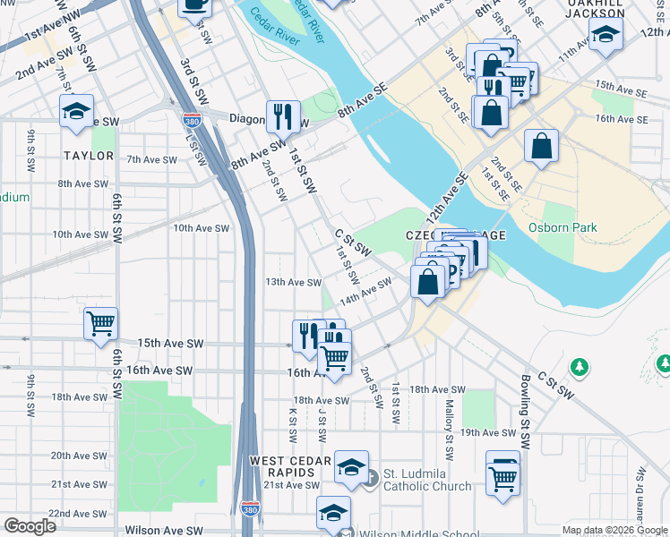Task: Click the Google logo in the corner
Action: (x=30, y=526)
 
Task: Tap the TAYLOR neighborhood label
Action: (x=89, y=156)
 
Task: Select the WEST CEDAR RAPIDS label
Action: (x=281, y=465)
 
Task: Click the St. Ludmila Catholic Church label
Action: (x=427, y=480)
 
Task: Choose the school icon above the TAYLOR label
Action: (x=77, y=111)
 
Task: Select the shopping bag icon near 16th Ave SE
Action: (x=542, y=146)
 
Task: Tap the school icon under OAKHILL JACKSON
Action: (x=606, y=37)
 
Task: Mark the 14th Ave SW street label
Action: (x=365, y=290)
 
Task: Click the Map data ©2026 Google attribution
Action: (x=614, y=530)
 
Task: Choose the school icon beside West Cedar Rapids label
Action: (x=352, y=465)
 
